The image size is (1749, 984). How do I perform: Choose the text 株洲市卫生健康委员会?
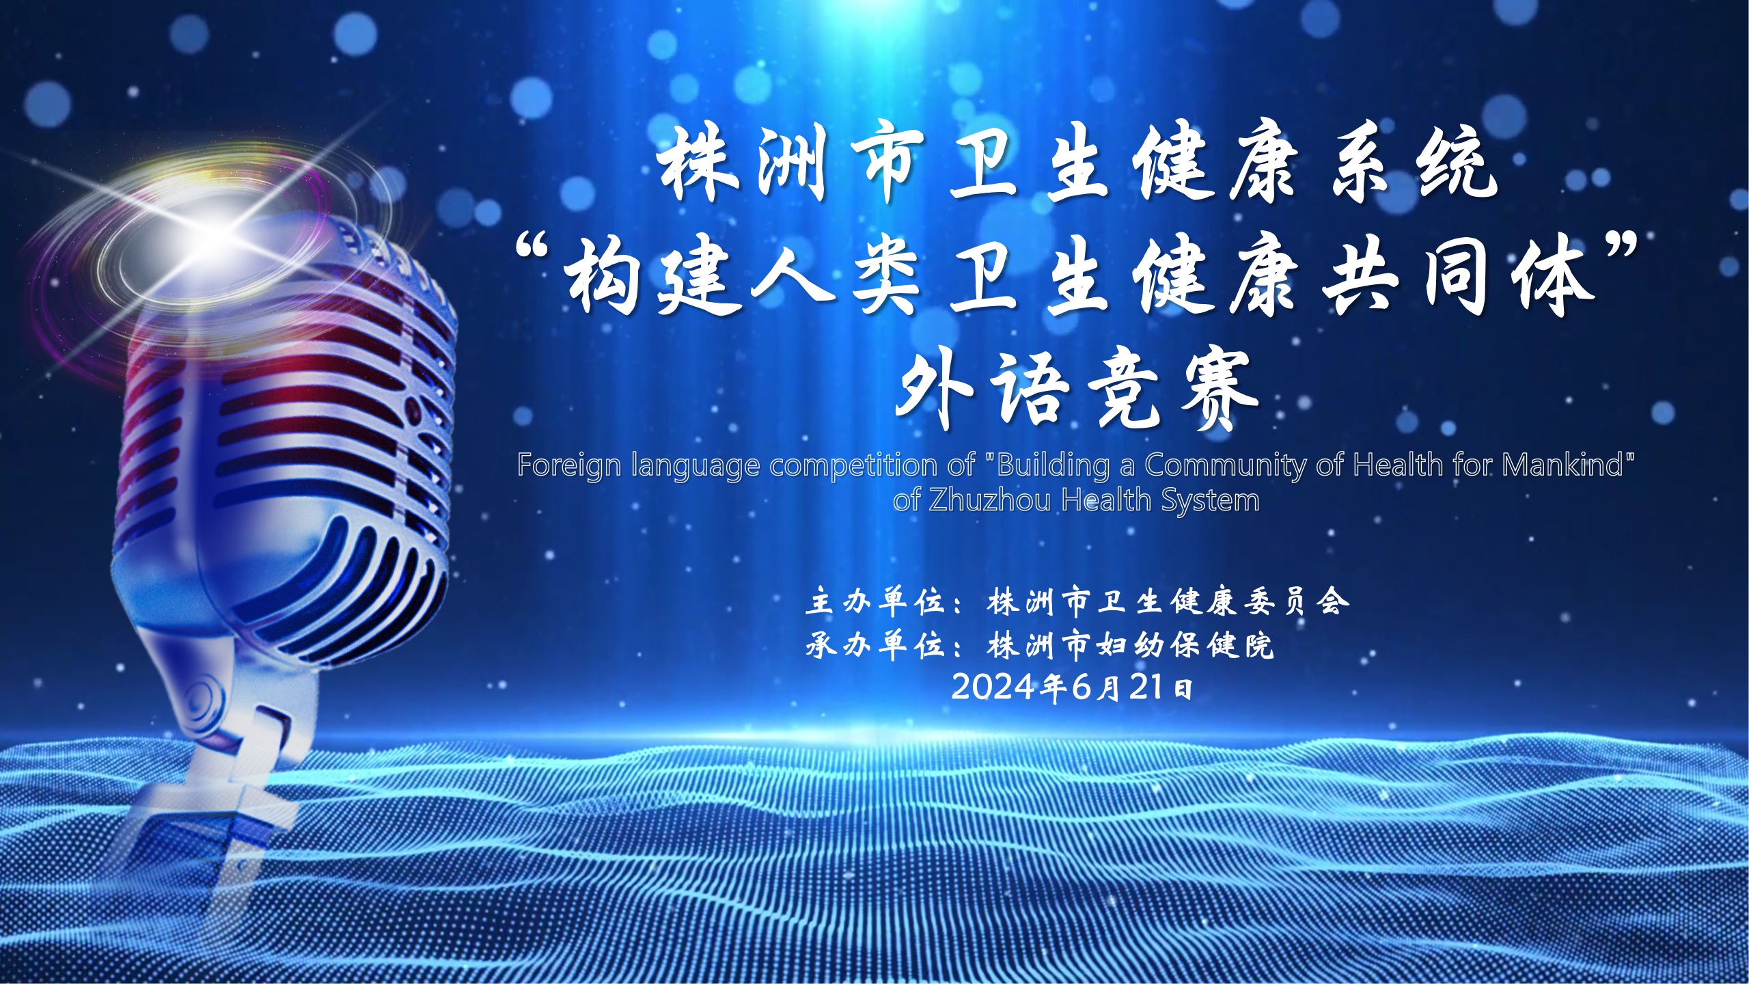(x=1168, y=602)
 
